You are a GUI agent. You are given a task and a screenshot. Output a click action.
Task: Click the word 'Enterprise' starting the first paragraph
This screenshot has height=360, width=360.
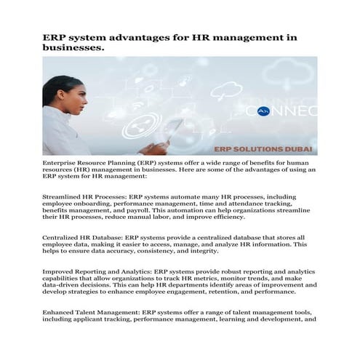point(64,161)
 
